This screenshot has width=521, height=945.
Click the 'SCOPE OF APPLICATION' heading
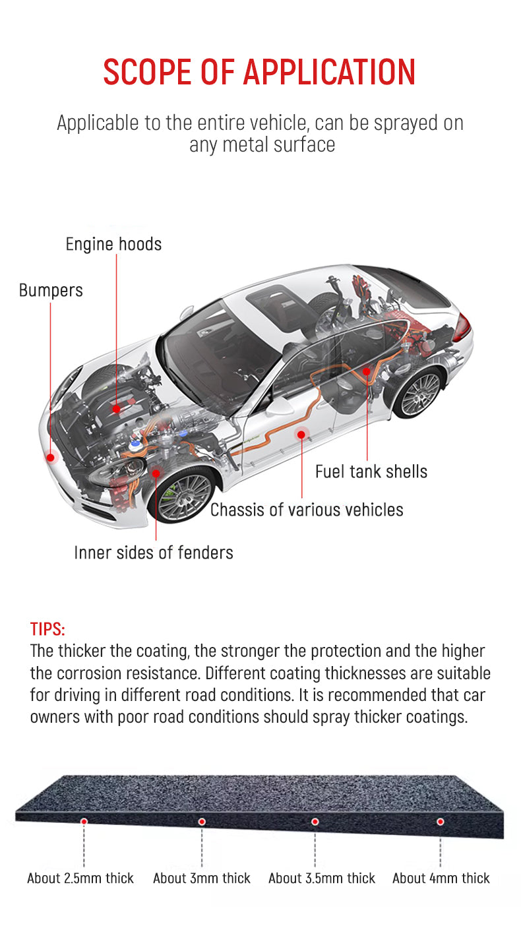point(260,72)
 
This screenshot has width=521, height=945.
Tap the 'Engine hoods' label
point(113,245)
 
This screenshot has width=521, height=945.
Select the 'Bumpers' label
point(51,291)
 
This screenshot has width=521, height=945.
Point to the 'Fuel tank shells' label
point(371,472)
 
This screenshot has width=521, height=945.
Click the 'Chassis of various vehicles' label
point(307,510)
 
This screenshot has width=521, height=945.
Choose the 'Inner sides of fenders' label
point(154,553)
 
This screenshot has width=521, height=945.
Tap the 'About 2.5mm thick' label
point(80,878)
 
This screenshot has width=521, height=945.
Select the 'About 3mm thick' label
point(202,878)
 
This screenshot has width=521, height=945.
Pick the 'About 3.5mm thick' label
point(322,878)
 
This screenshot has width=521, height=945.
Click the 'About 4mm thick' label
point(441,878)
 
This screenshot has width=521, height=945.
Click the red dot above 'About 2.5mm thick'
point(84,821)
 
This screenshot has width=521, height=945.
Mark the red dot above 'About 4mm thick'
point(441,822)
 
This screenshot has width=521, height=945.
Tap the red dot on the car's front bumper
point(50,456)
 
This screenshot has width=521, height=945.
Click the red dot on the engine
point(117,409)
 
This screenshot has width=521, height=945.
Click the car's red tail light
point(462,328)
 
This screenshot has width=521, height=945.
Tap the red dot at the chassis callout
point(302,434)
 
